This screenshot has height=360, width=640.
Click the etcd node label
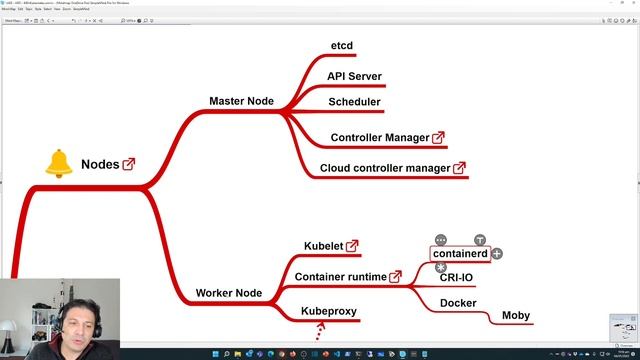[x=342, y=46]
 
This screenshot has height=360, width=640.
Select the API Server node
[x=354, y=76]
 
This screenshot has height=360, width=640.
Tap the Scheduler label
[x=354, y=102]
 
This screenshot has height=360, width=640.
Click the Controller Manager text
[x=379, y=137]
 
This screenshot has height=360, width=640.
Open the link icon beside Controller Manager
[x=438, y=137]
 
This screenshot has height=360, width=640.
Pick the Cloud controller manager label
[x=385, y=168]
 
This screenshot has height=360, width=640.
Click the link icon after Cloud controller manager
[x=459, y=168]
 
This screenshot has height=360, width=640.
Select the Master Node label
[x=242, y=101]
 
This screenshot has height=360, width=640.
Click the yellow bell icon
[x=59, y=163]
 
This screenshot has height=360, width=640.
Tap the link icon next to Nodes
[x=129, y=164]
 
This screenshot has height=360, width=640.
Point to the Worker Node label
[x=229, y=293]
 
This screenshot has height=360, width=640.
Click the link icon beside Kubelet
[x=352, y=246]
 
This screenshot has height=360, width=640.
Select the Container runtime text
[x=340, y=276]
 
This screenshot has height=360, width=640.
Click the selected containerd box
[x=460, y=254]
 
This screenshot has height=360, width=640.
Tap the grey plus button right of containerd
[x=497, y=254]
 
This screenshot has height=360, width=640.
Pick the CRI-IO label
[x=456, y=278]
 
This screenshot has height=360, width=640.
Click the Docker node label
[x=458, y=303]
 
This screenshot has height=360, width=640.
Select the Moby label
[x=517, y=316]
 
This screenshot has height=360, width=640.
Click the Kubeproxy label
[x=329, y=311]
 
